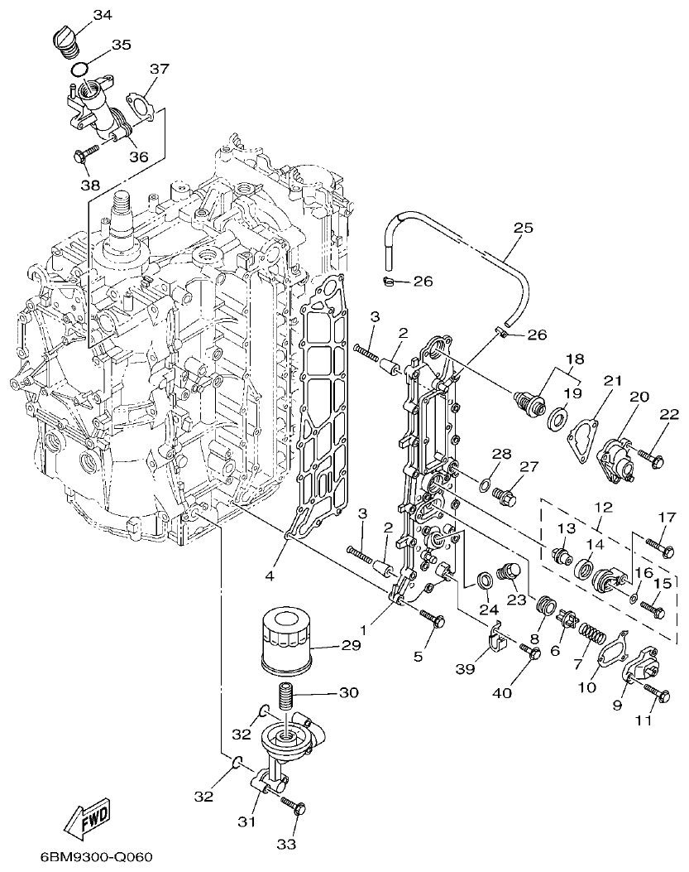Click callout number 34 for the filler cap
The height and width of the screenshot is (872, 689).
[x=103, y=15]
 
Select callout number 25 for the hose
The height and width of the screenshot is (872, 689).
[x=522, y=226]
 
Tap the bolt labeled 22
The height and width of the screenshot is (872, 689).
[x=653, y=455]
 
